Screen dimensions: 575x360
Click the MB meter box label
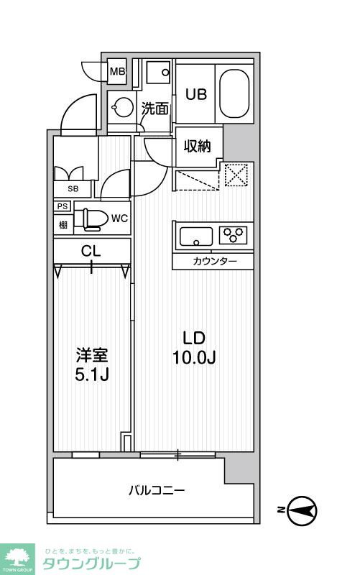pyautogui.click(x=117, y=71)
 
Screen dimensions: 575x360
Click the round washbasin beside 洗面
pyautogui.click(x=122, y=109)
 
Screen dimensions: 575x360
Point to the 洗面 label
pyautogui.click(x=154, y=109)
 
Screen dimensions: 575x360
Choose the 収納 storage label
pyautogui.click(x=196, y=146)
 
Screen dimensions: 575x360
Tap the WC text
pyautogui.click(x=119, y=218)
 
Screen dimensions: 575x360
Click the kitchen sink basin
pyautogui.click(x=196, y=236)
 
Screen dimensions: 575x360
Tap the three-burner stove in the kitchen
pyautogui.click(x=233, y=235)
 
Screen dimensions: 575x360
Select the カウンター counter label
pyautogui.click(x=213, y=261)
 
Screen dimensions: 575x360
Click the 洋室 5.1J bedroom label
pyautogui.click(x=92, y=364)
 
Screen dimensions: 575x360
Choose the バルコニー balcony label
pyautogui.click(x=157, y=491)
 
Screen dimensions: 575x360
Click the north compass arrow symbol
pyautogui.click(x=301, y=511)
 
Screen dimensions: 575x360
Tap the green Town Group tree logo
pyautogui.click(x=19, y=554)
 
